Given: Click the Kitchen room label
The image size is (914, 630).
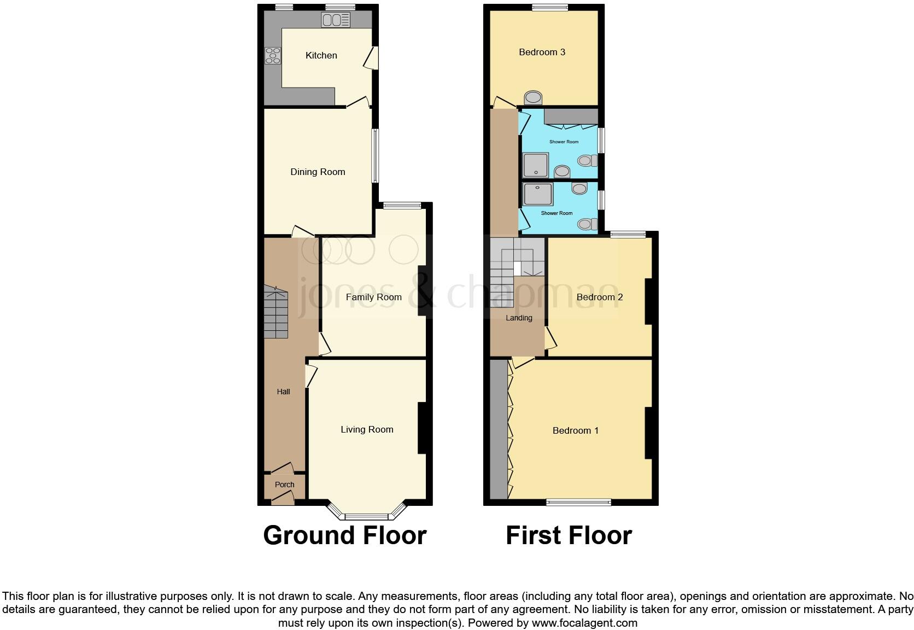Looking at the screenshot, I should pyautogui.click(x=321, y=55).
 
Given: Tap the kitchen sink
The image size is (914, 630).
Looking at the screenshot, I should pyautogui.click(x=336, y=21).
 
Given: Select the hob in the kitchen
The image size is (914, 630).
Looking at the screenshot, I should pyautogui.click(x=273, y=56).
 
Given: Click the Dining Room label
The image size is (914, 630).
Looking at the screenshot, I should pyautogui.click(x=318, y=172).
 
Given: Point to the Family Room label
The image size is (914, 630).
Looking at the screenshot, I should pyautogui.click(x=373, y=297).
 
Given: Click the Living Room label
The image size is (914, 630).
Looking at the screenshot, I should pyautogui.click(x=367, y=429).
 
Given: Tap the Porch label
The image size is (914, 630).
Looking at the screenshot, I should pyautogui.click(x=284, y=485).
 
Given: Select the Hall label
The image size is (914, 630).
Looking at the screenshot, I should pyautogui.click(x=283, y=392).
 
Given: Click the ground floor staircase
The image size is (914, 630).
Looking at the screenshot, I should pyautogui.click(x=276, y=313).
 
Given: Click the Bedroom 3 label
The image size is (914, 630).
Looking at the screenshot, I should pyautogui.click(x=542, y=52).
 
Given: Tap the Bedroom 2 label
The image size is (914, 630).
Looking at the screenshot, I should pyautogui.click(x=600, y=297).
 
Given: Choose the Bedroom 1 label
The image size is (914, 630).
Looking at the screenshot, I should pyautogui.click(x=575, y=430).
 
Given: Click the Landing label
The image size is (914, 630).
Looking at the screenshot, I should pyautogui.click(x=518, y=318).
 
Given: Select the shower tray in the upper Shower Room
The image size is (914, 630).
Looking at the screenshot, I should pyautogui.click(x=536, y=165).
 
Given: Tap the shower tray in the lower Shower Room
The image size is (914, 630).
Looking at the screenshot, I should pyautogui.click(x=537, y=194).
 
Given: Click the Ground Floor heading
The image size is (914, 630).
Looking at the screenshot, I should pyautogui.click(x=344, y=535).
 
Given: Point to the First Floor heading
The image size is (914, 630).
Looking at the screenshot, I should pyautogui.click(x=569, y=535).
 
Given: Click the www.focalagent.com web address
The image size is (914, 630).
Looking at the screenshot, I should pyautogui.click(x=584, y=622).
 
